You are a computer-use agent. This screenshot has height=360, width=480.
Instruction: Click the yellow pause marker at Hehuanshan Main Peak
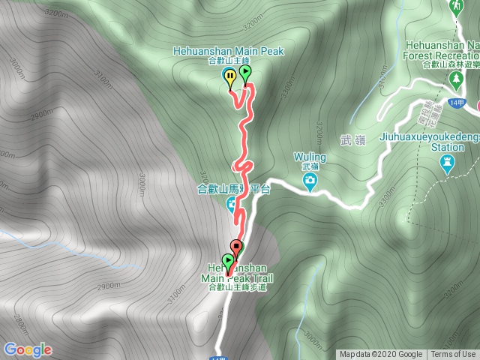pyautogui.click(x=229, y=76)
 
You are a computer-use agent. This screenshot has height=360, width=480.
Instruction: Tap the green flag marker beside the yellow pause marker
pyautogui.click(x=245, y=73)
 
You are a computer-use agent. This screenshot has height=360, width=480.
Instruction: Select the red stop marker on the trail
pyautogui.click(x=237, y=247)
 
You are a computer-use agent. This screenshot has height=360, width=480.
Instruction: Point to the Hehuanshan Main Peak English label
pyautogui.click(x=229, y=51)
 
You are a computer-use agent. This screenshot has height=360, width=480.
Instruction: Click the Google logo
pyautogui.click(x=28, y=349)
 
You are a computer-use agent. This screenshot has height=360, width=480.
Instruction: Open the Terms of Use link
pyautogui.click(x=453, y=355)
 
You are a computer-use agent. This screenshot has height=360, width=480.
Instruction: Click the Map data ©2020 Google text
pyautogui.click(x=381, y=355)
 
